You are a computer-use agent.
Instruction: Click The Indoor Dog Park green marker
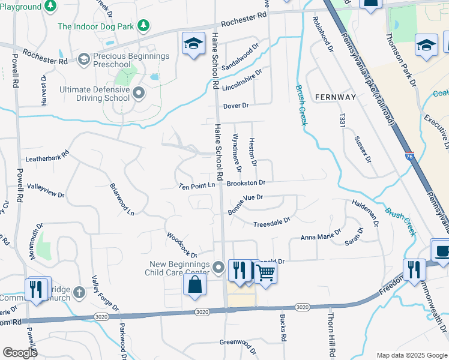(143, 26)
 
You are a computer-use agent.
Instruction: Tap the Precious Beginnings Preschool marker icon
(83, 58)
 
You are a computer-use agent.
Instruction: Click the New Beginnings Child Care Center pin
(218, 267)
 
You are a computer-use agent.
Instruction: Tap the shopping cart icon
(265, 272)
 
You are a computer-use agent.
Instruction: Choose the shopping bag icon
(194, 284)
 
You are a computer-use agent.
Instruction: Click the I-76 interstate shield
(409, 156)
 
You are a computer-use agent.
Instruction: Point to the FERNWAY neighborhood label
(335, 97)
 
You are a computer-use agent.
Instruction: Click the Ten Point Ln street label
(196, 186)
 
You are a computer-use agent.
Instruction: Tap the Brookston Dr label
(246, 182)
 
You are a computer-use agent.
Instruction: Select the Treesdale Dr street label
(271, 221)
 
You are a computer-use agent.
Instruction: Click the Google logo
(20, 352)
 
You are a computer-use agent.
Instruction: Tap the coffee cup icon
(441, 251)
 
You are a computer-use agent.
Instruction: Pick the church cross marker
(79, 293)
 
